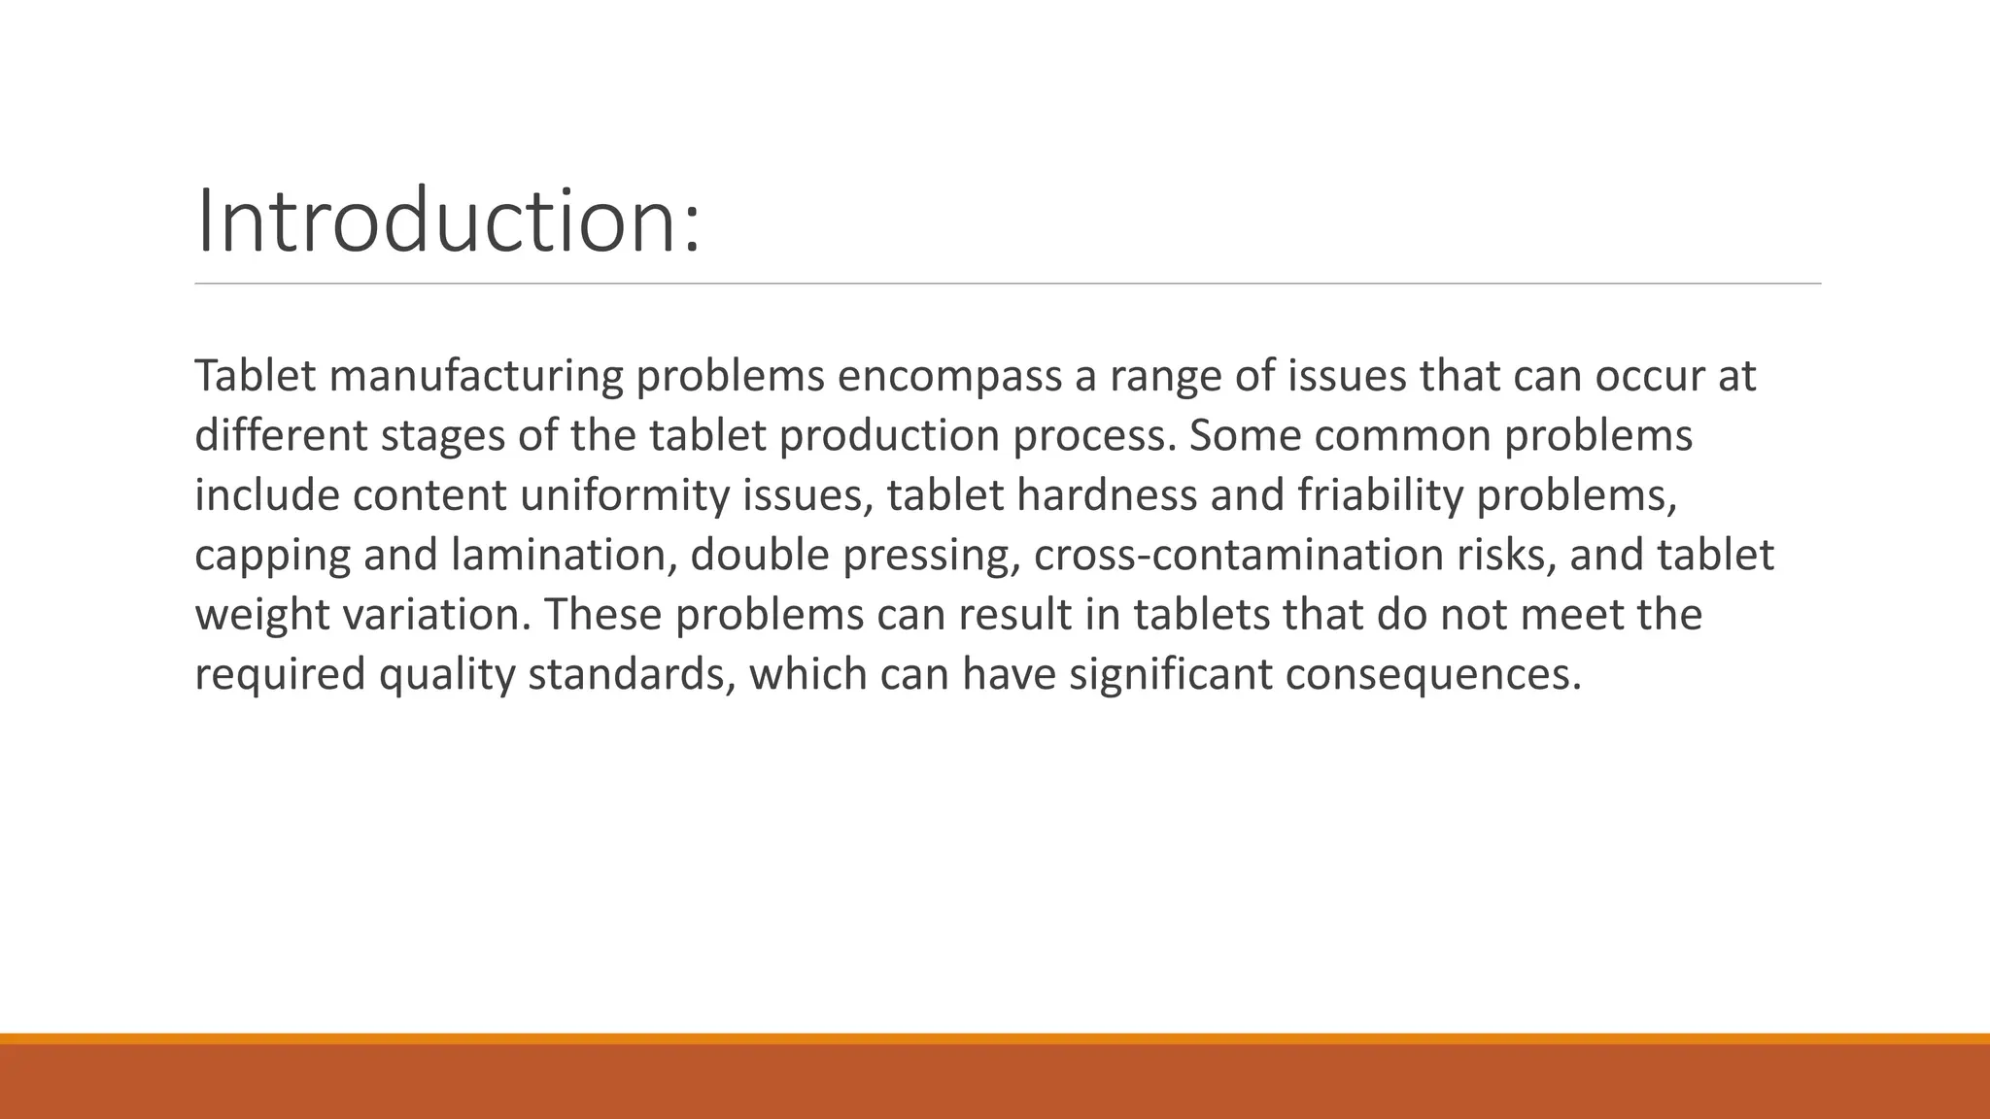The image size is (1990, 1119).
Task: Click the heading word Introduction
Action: tap(447, 221)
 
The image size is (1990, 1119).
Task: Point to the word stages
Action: tap(442, 436)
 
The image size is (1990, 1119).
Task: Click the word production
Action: tap(889, 436)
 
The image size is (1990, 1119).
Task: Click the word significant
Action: tap(1171, 675)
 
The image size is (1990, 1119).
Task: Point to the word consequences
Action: tap(1433, 675)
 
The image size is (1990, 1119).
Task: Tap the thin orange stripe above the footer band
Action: tap(995, 1038)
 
